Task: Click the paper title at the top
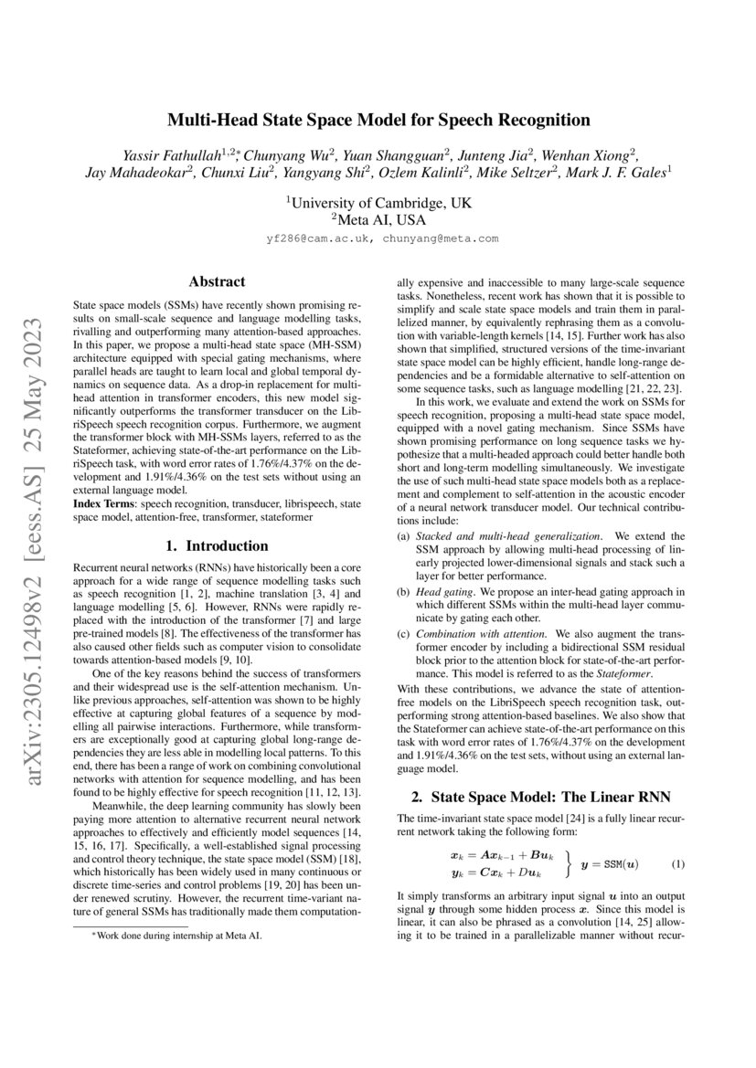[378, 120]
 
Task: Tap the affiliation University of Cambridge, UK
[378, 202]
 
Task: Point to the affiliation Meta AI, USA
[378, 220]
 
